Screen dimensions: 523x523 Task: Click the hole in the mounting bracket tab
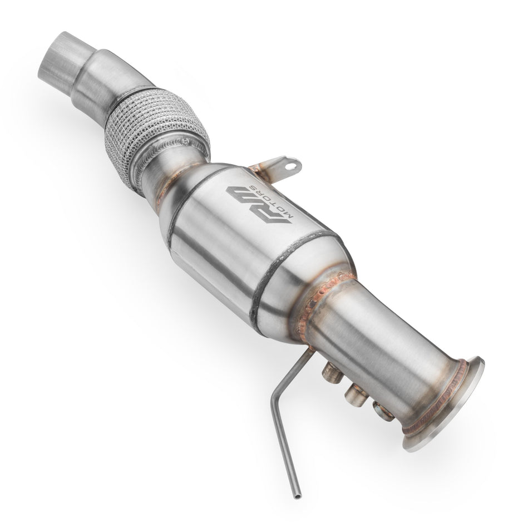click(289, 165)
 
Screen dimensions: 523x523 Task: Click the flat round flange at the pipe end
click(445, 406)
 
